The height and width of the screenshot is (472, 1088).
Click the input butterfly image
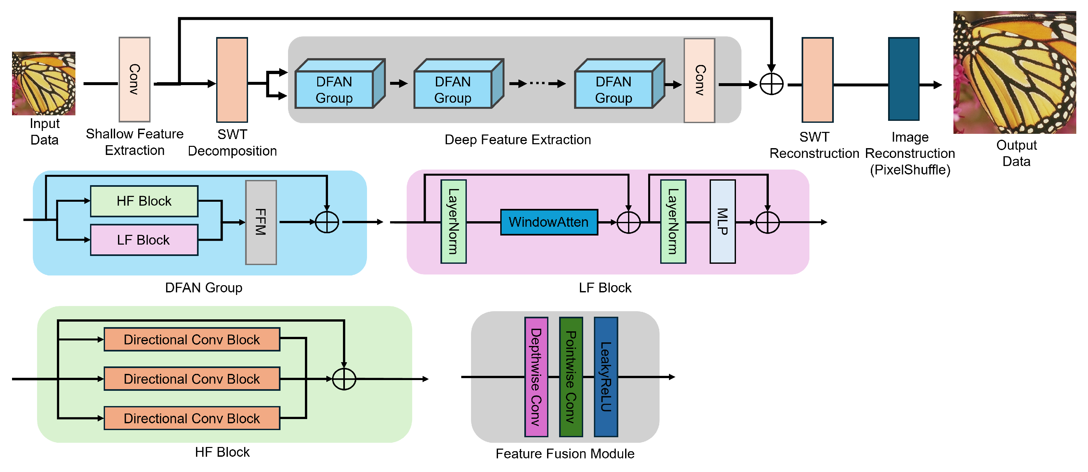coord(44,83)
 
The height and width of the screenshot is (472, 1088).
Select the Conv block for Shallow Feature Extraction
coord(134,79)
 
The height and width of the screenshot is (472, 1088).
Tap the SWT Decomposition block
coord(232,80)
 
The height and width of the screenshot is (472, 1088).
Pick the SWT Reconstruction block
coord(817,80)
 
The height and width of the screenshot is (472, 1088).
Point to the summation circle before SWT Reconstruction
coord(771,84)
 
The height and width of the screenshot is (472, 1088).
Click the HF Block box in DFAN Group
coord(144,201)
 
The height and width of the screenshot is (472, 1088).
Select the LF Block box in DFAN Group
coord(144,240)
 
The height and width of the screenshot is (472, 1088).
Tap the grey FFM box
coord(261,223)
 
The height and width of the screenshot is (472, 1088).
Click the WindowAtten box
coord(549,222)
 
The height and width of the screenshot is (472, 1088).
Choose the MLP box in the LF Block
coord(722,222)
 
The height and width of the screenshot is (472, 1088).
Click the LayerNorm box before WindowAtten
coord(453,222)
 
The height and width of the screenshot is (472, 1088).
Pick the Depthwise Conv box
coord(536,376)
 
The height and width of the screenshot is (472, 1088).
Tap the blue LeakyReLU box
coord(606,376)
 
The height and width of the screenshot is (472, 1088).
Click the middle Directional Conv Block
coord(192,379)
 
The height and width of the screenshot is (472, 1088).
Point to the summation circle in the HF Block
coord(344,379)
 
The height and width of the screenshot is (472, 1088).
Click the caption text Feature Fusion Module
coord(565,453)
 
